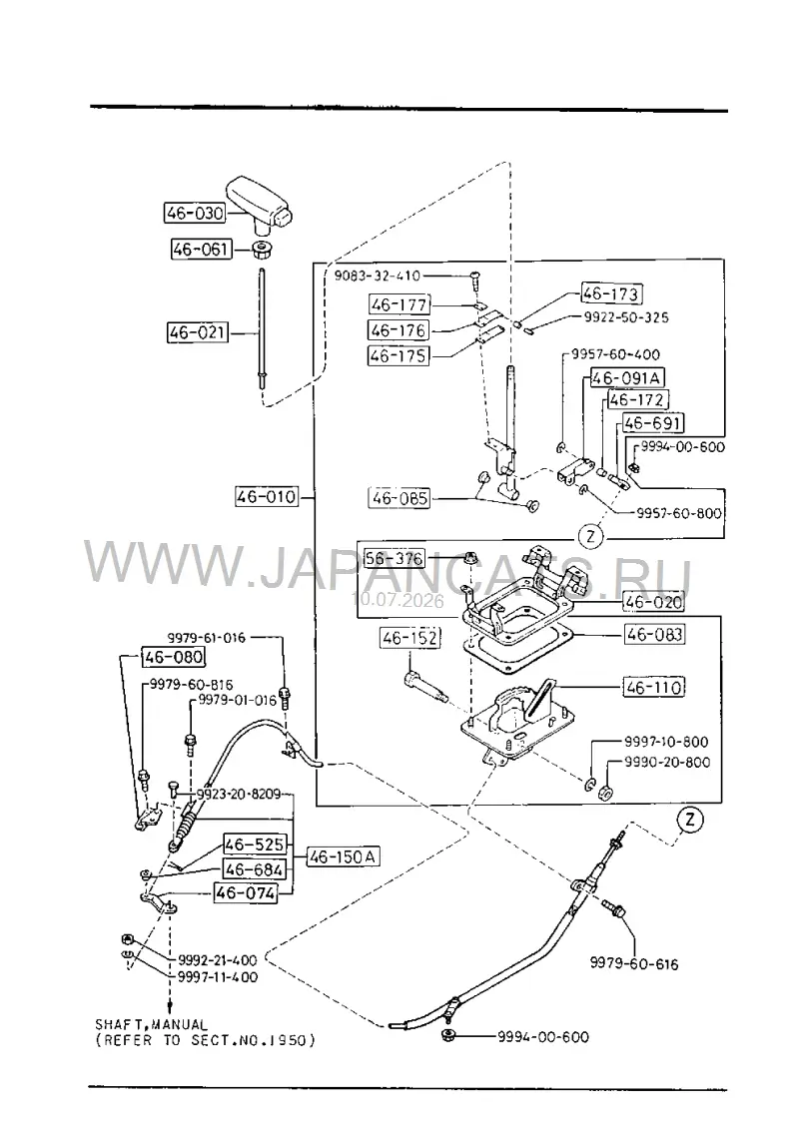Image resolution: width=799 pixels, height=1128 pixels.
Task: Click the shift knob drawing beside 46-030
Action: [261, 203]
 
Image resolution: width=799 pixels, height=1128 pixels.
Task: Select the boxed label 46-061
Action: [201, 249]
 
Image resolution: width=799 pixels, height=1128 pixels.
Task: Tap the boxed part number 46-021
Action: [197, 332]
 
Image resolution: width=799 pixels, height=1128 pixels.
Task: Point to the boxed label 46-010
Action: [267, 496]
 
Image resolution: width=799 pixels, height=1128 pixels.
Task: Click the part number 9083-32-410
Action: [378, 276]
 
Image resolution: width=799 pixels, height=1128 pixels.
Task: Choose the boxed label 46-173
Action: [611, 293]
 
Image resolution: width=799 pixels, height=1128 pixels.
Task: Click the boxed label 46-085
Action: [399, 498]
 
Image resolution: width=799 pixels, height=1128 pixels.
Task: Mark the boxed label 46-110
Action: [653, 688]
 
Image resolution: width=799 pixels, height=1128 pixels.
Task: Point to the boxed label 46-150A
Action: [344, 856]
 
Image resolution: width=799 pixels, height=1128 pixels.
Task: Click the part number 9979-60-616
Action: [634, 964]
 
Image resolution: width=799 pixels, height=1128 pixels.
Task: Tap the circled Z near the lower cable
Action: [689, 820]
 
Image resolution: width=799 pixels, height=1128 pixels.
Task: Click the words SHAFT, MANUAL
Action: [151, 1024]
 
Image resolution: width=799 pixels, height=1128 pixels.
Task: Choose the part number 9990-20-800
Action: [666, 763]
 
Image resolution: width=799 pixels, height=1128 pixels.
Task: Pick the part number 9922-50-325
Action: [625, 317]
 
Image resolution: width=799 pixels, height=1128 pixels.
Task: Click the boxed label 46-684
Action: [254, 869]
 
